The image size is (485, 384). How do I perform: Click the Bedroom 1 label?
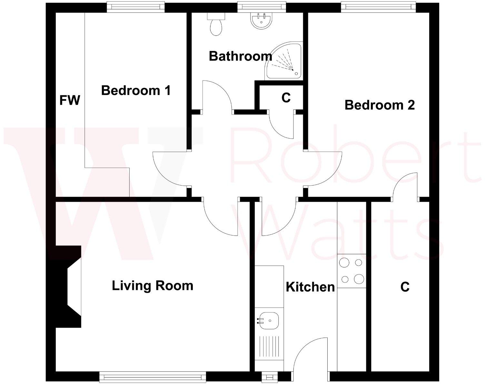click(136, 91)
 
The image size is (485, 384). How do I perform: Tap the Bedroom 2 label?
click(380, 105)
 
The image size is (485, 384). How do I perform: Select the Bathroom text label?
click(240, 56)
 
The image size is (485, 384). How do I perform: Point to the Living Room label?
click(152, 286)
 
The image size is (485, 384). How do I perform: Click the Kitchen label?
click(310, 287)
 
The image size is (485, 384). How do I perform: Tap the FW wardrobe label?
click(69, 100)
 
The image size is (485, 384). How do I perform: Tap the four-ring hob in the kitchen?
click(351, 271)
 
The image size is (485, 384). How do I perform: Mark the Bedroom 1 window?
click(135, 6)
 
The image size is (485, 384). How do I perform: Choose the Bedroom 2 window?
click(379, 6)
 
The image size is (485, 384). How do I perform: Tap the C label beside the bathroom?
click(286, 98)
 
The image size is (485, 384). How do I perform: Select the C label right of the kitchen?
click(405, 287)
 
